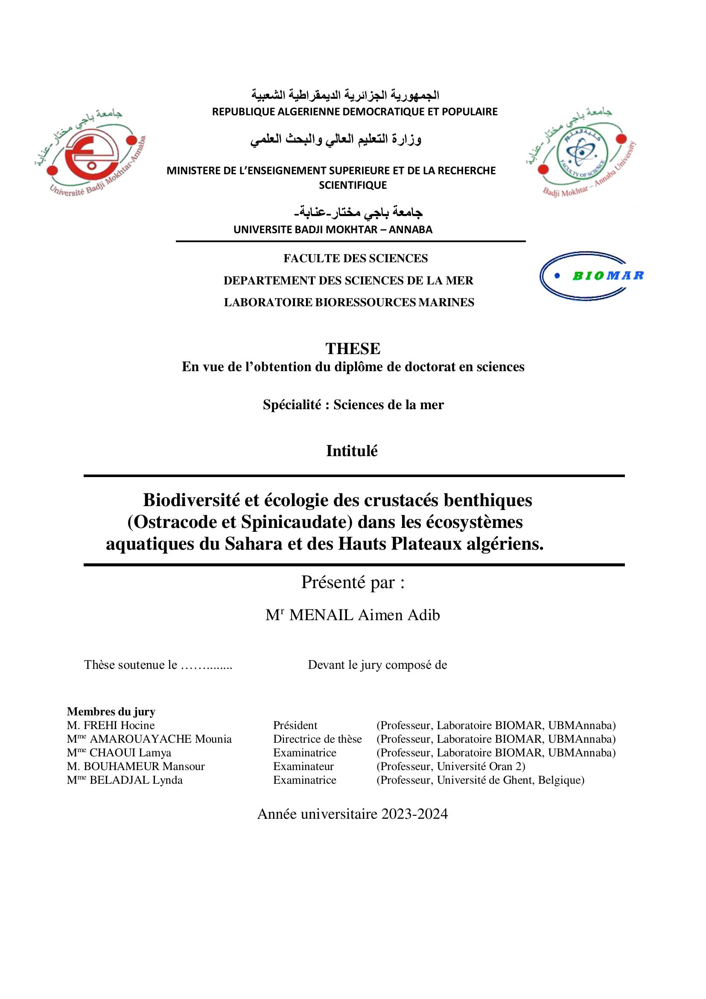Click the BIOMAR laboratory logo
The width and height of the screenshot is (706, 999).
click(592, 275)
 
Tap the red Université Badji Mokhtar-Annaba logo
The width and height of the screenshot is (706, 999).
click(89, 152)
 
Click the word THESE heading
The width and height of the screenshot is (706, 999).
click(353, 349)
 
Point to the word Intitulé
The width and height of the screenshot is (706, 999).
click(352, 451)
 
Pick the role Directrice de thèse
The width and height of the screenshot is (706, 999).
click(317, 739)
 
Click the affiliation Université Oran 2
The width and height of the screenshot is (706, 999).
click(480, 766)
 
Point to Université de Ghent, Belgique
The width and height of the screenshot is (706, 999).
click(511, 780)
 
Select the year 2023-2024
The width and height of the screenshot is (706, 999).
click(414, 814)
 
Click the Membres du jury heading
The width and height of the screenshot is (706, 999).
click(111, 712)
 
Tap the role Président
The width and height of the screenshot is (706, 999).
click(295, 725)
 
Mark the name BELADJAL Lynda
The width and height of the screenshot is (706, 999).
click(136, 780)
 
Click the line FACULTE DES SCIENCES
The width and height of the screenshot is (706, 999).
click(356, 258)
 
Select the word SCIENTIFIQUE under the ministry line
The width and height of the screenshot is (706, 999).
click(353, 185)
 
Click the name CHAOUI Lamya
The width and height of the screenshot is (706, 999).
click(130, 753)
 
